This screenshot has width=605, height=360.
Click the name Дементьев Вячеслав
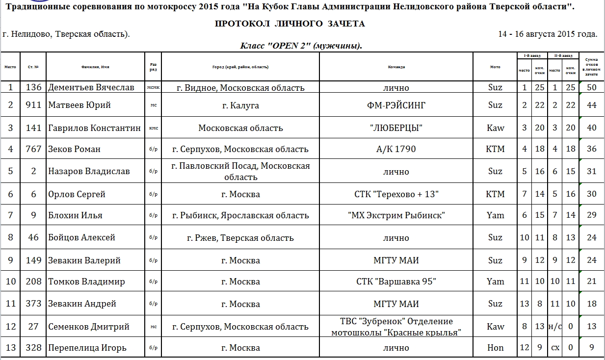coord(91,87)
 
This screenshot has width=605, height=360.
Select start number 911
coord(34,105)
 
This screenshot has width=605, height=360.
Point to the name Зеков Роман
coord(74,149)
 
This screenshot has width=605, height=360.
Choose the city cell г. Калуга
coord(240,105)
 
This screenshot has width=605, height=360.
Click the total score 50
coord(591,87)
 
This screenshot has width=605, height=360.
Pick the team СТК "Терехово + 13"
coord(396,194)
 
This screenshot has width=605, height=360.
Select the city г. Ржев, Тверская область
coord(240,238)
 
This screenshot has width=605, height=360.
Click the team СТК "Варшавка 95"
coord(396,282)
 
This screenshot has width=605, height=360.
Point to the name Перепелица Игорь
coord(87,348)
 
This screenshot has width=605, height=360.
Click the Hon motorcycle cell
coord(495,348)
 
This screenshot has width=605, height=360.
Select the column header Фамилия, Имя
coord(95,67)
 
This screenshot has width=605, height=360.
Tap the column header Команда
coord(396,67)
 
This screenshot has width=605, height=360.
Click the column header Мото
coord(495,67)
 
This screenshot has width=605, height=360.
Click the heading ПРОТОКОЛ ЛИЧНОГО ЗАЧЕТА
coord(289,24)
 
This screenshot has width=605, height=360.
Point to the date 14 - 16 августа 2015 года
coord(548,34)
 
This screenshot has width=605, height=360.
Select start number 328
coord(34,348)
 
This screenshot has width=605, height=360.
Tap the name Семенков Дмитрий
coord(89,327)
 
